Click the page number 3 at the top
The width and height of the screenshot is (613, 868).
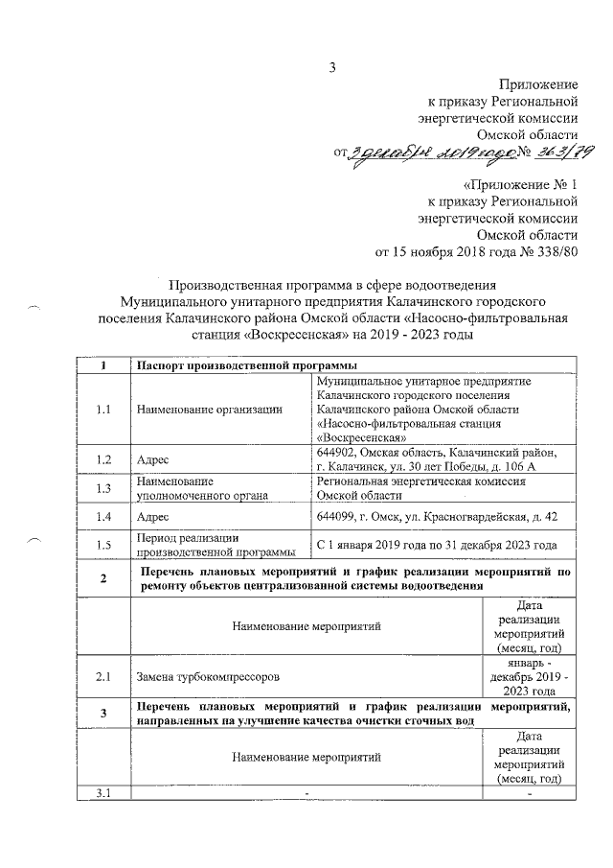coord(332,66)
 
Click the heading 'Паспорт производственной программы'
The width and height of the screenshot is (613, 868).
coord(247,365)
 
